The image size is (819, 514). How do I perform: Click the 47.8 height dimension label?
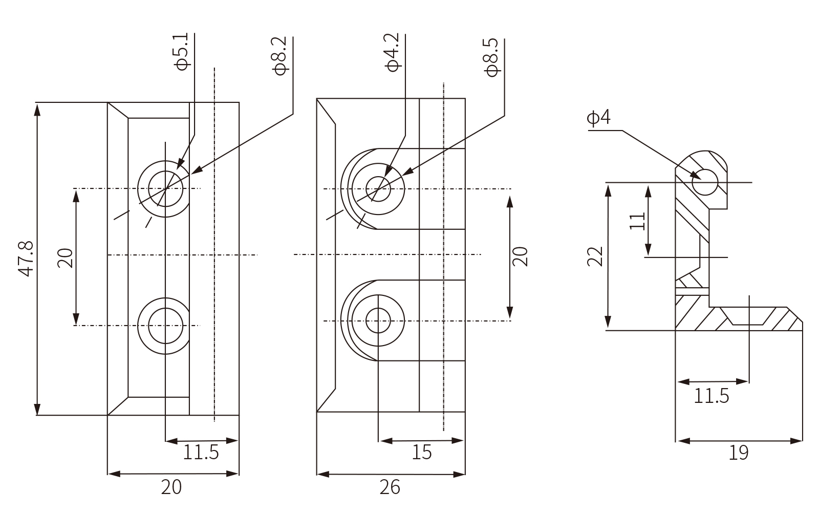tap(26, 259)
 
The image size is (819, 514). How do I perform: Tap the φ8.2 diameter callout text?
tap(281, 56)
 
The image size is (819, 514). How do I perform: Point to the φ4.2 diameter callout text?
tap(393, 52)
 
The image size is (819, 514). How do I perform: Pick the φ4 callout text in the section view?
tap(599, 118)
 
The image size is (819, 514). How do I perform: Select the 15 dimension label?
tap(422, 453)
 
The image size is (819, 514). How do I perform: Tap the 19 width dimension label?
tap(738, 453)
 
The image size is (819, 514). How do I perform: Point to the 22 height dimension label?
tap(595, 256)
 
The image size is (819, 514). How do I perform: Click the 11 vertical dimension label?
tap(637, 221)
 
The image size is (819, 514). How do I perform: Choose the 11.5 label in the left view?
tap(201, 453)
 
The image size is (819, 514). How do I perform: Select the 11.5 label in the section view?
tap(712, 396)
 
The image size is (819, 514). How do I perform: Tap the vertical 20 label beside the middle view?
tap(521, 256)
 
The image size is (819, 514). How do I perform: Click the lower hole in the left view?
tap(165, 325)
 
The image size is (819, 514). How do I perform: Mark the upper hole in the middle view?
tap(378, 189)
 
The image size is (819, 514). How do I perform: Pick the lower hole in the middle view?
tap(378, 321)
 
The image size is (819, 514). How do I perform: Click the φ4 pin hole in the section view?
tap(705, 182)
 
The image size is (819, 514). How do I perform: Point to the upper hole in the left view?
tap(165, 188)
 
